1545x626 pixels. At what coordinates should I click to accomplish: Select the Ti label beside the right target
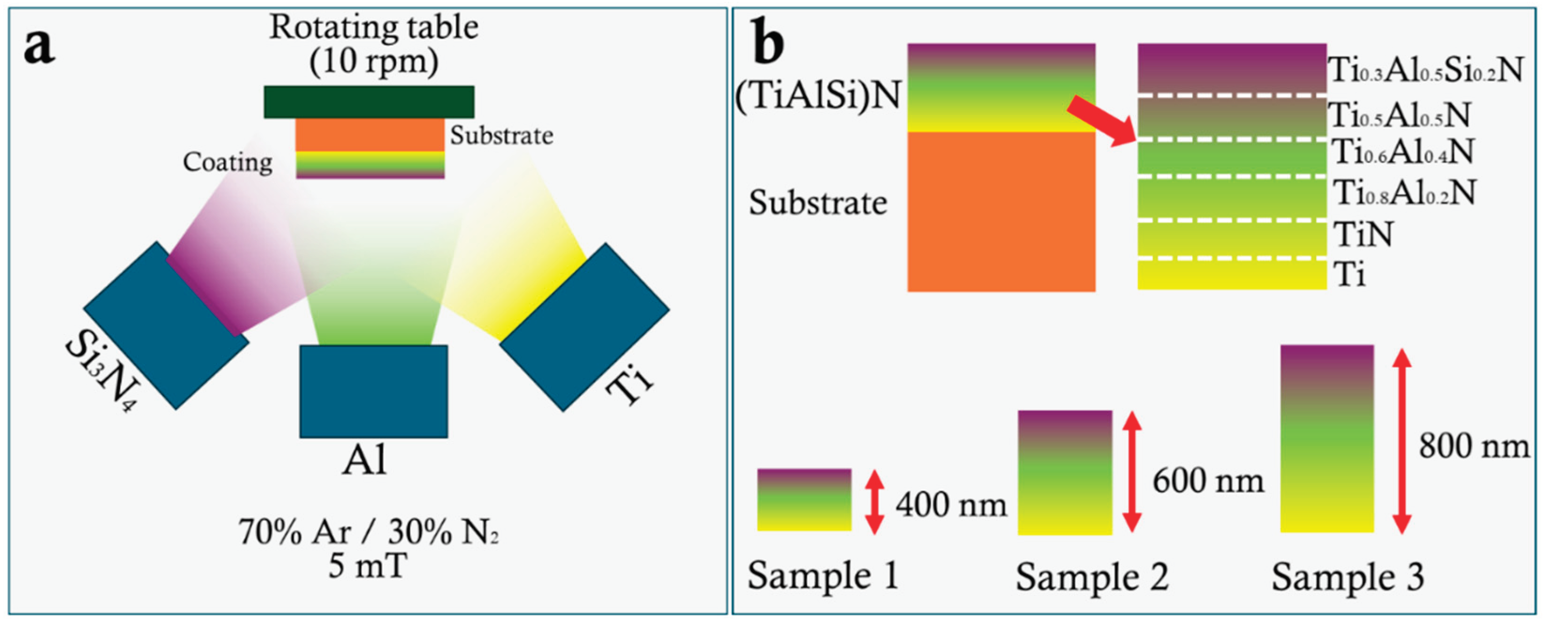point(629,385)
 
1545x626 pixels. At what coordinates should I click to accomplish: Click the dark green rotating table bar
point(369,102)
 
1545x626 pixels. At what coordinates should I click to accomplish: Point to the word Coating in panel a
point(227,162)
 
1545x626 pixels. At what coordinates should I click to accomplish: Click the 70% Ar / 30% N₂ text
point(368,532)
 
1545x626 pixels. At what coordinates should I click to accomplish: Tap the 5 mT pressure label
point(368,566)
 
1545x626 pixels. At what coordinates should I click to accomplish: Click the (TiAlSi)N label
point(818,96)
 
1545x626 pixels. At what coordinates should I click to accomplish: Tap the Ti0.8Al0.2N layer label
point(1403,192)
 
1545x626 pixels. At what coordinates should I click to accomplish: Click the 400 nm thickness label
point(951,505)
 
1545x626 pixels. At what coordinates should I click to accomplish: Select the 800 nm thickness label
point(1474,447)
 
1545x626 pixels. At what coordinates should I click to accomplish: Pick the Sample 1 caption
point(823,576)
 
